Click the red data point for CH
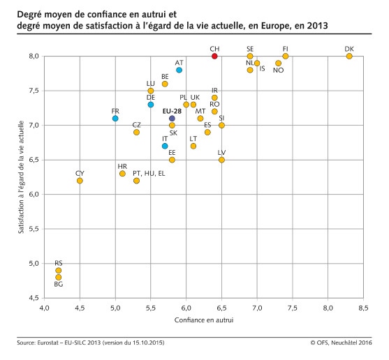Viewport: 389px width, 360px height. click(214, 56)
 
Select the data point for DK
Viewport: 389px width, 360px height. click(349, 56)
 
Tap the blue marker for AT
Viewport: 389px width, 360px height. click(179, 70)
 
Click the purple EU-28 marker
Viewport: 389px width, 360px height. click(172, 119)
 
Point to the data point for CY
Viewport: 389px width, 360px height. click(80, 181)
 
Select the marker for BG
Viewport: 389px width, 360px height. click(59, 277)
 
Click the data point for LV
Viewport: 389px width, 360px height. click(221, 160)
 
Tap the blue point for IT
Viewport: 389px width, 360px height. click(165, 146)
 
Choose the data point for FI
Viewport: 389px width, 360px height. click(286, 56)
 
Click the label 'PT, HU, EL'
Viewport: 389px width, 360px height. click(149, 173)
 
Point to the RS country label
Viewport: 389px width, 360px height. click(59, 263)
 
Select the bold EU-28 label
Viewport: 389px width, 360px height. click(172, 110)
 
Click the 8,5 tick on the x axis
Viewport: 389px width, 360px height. click(363, 308)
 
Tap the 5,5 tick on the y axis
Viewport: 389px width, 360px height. click(33, 229)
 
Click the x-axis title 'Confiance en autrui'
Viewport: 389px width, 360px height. click(203, 320)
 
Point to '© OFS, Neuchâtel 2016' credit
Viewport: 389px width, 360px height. click(341, 343)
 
